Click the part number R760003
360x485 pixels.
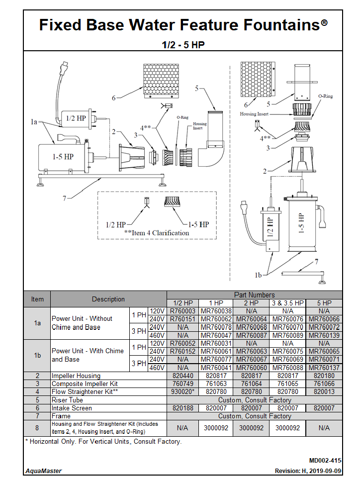point(182,311)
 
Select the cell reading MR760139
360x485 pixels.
point(324,335)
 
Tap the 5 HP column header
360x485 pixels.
point(324,303)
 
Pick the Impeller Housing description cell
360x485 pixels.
point(76,376)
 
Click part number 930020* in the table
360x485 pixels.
point(182,391)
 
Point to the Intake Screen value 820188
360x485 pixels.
point(182,408)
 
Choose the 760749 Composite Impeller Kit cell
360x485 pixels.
point(182,384)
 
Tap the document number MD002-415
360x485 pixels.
point(325,461)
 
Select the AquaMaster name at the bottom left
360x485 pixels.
point(44,471)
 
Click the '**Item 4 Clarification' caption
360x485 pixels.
point(157,233)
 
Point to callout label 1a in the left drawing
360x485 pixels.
point(34,121)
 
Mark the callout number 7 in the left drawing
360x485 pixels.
point(65,198)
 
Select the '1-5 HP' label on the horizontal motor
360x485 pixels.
point(63,156)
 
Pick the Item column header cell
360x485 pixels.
point(37,299)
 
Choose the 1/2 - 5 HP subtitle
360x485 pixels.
point(183,45)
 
